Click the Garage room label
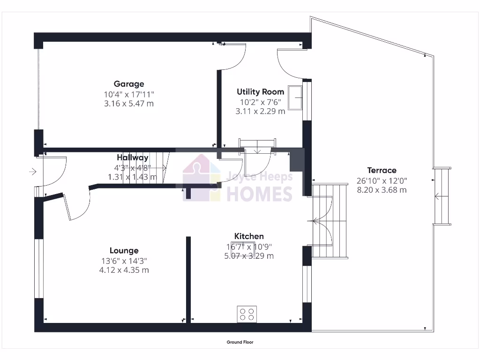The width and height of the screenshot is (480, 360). coord(129,84)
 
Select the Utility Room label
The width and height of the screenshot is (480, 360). coord(260,91)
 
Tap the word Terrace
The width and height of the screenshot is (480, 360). coord(382,170)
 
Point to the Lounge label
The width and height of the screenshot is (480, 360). coord(124,250)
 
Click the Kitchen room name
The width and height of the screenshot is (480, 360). coord(249,236)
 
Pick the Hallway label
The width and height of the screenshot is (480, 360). coord(133,157)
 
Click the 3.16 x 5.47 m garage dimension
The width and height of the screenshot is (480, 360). coord(129,104)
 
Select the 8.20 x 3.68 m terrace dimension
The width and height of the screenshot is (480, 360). coord(382,190)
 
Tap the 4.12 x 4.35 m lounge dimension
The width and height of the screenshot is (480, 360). coord(124,270)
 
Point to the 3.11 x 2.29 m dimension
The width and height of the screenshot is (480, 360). coord(260,111)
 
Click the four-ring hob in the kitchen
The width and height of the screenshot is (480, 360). coord(247,314)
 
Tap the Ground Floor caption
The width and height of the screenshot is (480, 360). coord(240,342)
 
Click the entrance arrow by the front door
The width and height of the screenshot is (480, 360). coord(32,172)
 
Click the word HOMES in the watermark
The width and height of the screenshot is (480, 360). coord(259,194)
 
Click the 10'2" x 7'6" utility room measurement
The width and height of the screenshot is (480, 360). coord(260,101)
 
